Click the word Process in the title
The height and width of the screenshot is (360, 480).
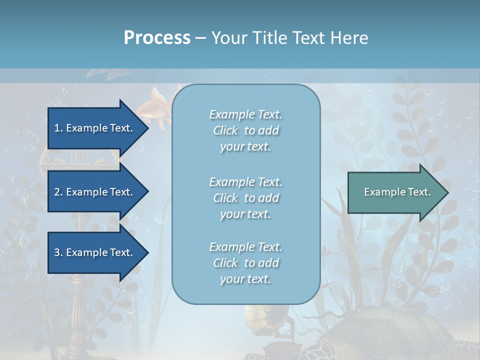[157, 38]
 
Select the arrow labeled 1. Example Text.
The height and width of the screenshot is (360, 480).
[95, 128]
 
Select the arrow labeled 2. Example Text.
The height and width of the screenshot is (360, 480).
[95, 192]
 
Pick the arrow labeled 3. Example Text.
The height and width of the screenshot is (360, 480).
[95, 252]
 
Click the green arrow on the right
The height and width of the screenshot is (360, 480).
[395, 192]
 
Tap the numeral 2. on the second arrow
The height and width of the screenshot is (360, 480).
[58, 192]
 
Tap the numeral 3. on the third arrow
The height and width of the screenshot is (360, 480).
[58, 252]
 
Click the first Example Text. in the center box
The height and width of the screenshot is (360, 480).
[245, 114]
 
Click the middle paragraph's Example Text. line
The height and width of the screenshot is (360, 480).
[245, 181]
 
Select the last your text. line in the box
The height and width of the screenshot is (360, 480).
[245, 279]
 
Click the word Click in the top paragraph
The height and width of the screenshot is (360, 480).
[225, 130]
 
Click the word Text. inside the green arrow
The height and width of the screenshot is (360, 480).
[419, 192]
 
